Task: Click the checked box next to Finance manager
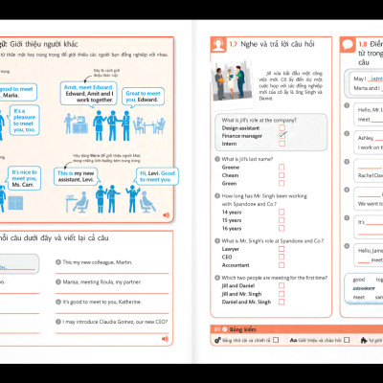[x=282, y=136]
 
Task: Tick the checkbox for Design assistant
[x=282, y=127]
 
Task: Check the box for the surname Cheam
[x=282, y=175]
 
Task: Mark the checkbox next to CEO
[x=282, y=256]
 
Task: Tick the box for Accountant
[x=282, y=264]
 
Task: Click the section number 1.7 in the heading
[x=219, y=44]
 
